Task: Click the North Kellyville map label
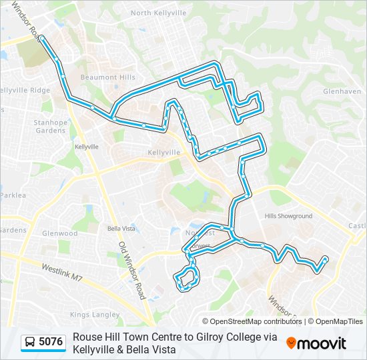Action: (158, 13)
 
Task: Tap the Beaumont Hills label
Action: (108, 77)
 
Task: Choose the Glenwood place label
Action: (60, 233)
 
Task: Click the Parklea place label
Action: (13, 195)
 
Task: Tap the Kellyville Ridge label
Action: (25, 90)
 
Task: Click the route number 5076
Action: (51, 342)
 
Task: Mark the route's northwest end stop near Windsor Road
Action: (41, 38)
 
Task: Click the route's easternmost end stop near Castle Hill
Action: (325, 258)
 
